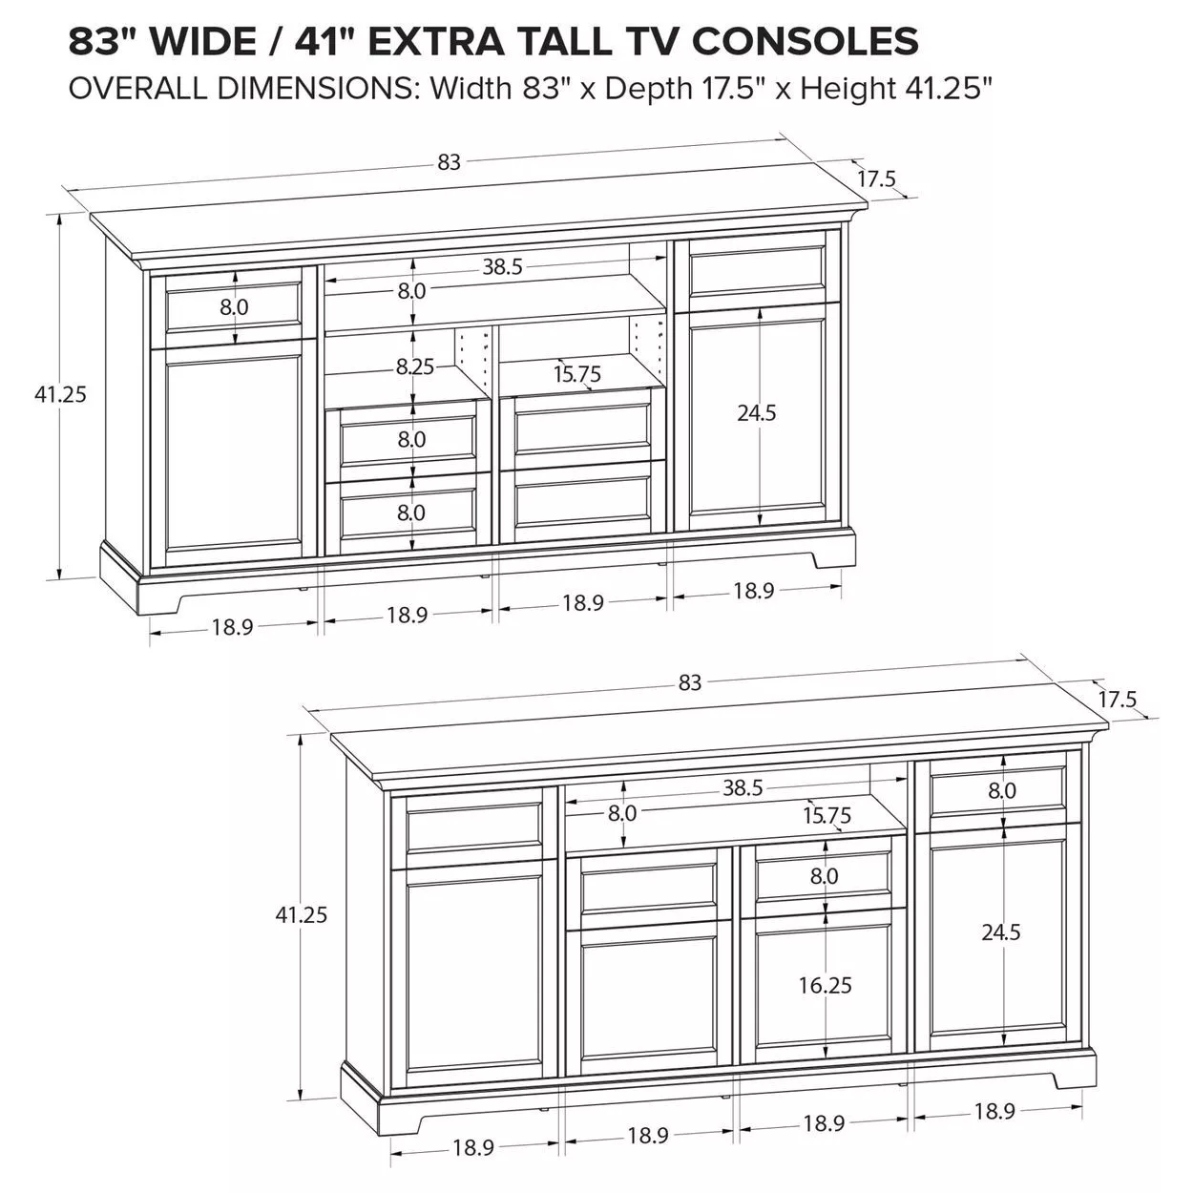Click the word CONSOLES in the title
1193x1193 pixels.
(x=805, y=41)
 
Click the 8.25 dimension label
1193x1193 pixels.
(x=415, y=367)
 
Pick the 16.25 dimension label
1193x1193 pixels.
(x=825, y=985)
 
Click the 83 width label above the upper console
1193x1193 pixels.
(x=449, y=162)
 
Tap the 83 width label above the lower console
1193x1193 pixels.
(x=690, y=682)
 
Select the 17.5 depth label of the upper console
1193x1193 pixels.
(x=877, y=178)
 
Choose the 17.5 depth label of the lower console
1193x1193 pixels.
(x=1118, y=700)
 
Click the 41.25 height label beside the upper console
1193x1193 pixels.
(x=60, y=394)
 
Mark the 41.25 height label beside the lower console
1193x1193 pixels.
(x=301, y=914)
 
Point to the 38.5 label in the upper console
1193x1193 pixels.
(x=503, y=267)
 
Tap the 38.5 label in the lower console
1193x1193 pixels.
(x=743, y=787)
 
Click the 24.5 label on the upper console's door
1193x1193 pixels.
(x=757, y=413)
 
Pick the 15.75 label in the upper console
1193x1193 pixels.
(x=577, y=374)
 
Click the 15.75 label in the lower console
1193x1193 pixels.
(x=827, y=815)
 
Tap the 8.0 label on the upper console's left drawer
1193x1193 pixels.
(x=234, y=306)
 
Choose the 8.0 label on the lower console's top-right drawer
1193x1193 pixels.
(x=1002, y=790)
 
